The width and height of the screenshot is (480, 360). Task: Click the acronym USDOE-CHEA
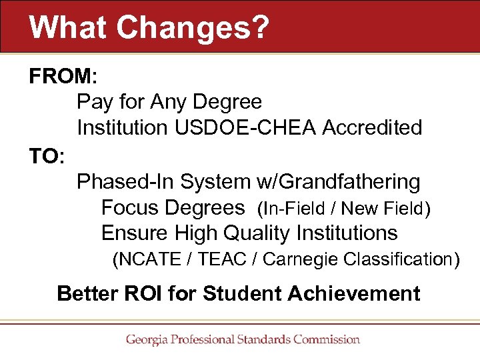click(x=246, y=127)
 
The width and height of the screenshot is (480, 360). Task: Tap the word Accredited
click(x=372, y=127)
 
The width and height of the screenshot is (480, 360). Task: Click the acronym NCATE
click(x=153, y=259)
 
